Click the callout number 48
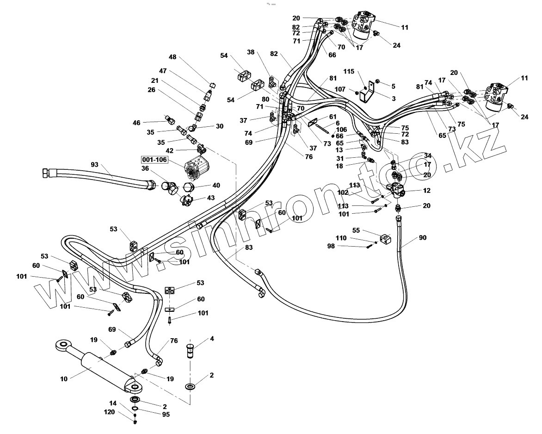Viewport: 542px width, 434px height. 172,57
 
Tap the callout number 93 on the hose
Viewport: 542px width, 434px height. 94,164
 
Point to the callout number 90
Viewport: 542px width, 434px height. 423,237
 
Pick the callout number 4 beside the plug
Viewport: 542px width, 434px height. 212,339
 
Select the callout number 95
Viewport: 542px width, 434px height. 166,415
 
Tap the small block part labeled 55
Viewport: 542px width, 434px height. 385,239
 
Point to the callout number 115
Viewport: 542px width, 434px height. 349,72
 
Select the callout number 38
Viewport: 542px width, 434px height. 251,52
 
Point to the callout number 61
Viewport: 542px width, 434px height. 333,116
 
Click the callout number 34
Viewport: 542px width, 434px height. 427,155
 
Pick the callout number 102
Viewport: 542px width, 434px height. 343,192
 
